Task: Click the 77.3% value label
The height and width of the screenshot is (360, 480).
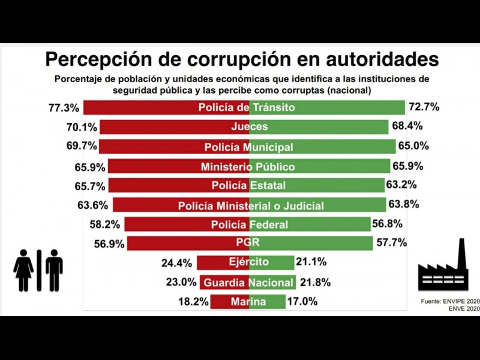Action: [64, 108]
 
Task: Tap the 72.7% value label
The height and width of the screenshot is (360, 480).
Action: [424, 107]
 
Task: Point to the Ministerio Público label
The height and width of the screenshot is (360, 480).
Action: [248, 166]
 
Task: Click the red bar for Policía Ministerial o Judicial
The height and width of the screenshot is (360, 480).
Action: [144, 205]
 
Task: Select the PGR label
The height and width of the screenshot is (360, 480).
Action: [248, 243]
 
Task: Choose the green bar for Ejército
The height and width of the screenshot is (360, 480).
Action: [282, 263]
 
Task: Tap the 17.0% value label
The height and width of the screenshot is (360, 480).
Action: [302, 302]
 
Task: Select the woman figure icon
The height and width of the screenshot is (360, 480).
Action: [24, 270]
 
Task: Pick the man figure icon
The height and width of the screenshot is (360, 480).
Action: [53, 270]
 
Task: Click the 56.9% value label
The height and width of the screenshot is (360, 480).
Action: [109, 244]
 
